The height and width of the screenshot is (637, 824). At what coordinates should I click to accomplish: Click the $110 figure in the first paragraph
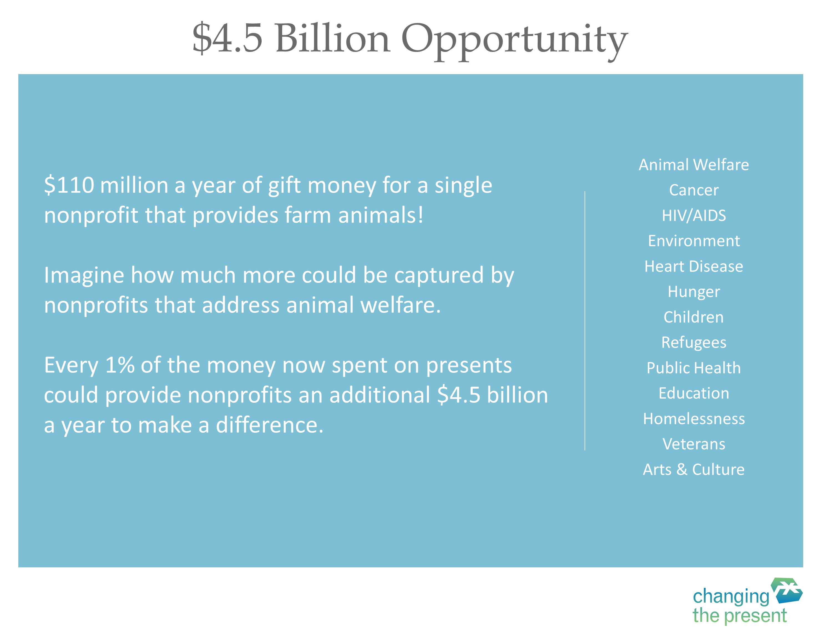tap(69, 185)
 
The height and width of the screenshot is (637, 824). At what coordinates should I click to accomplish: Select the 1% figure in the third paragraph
tap(120, 365)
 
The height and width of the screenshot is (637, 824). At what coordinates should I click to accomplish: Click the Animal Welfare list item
tap(693, 165)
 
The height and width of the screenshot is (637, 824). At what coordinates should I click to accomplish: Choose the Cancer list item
tap(693, 190)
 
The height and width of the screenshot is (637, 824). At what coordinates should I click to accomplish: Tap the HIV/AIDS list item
tap(693, 215)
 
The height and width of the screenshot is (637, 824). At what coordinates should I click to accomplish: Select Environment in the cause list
tap(693, 241)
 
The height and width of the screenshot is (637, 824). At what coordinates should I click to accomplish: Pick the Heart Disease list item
tap(693, 266)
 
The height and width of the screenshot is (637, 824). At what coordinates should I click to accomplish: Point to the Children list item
tap(693, 317)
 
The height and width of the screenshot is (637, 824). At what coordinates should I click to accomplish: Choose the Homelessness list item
tap(693, 419)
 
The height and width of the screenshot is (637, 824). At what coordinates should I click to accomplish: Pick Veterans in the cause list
tap(693, 444)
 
